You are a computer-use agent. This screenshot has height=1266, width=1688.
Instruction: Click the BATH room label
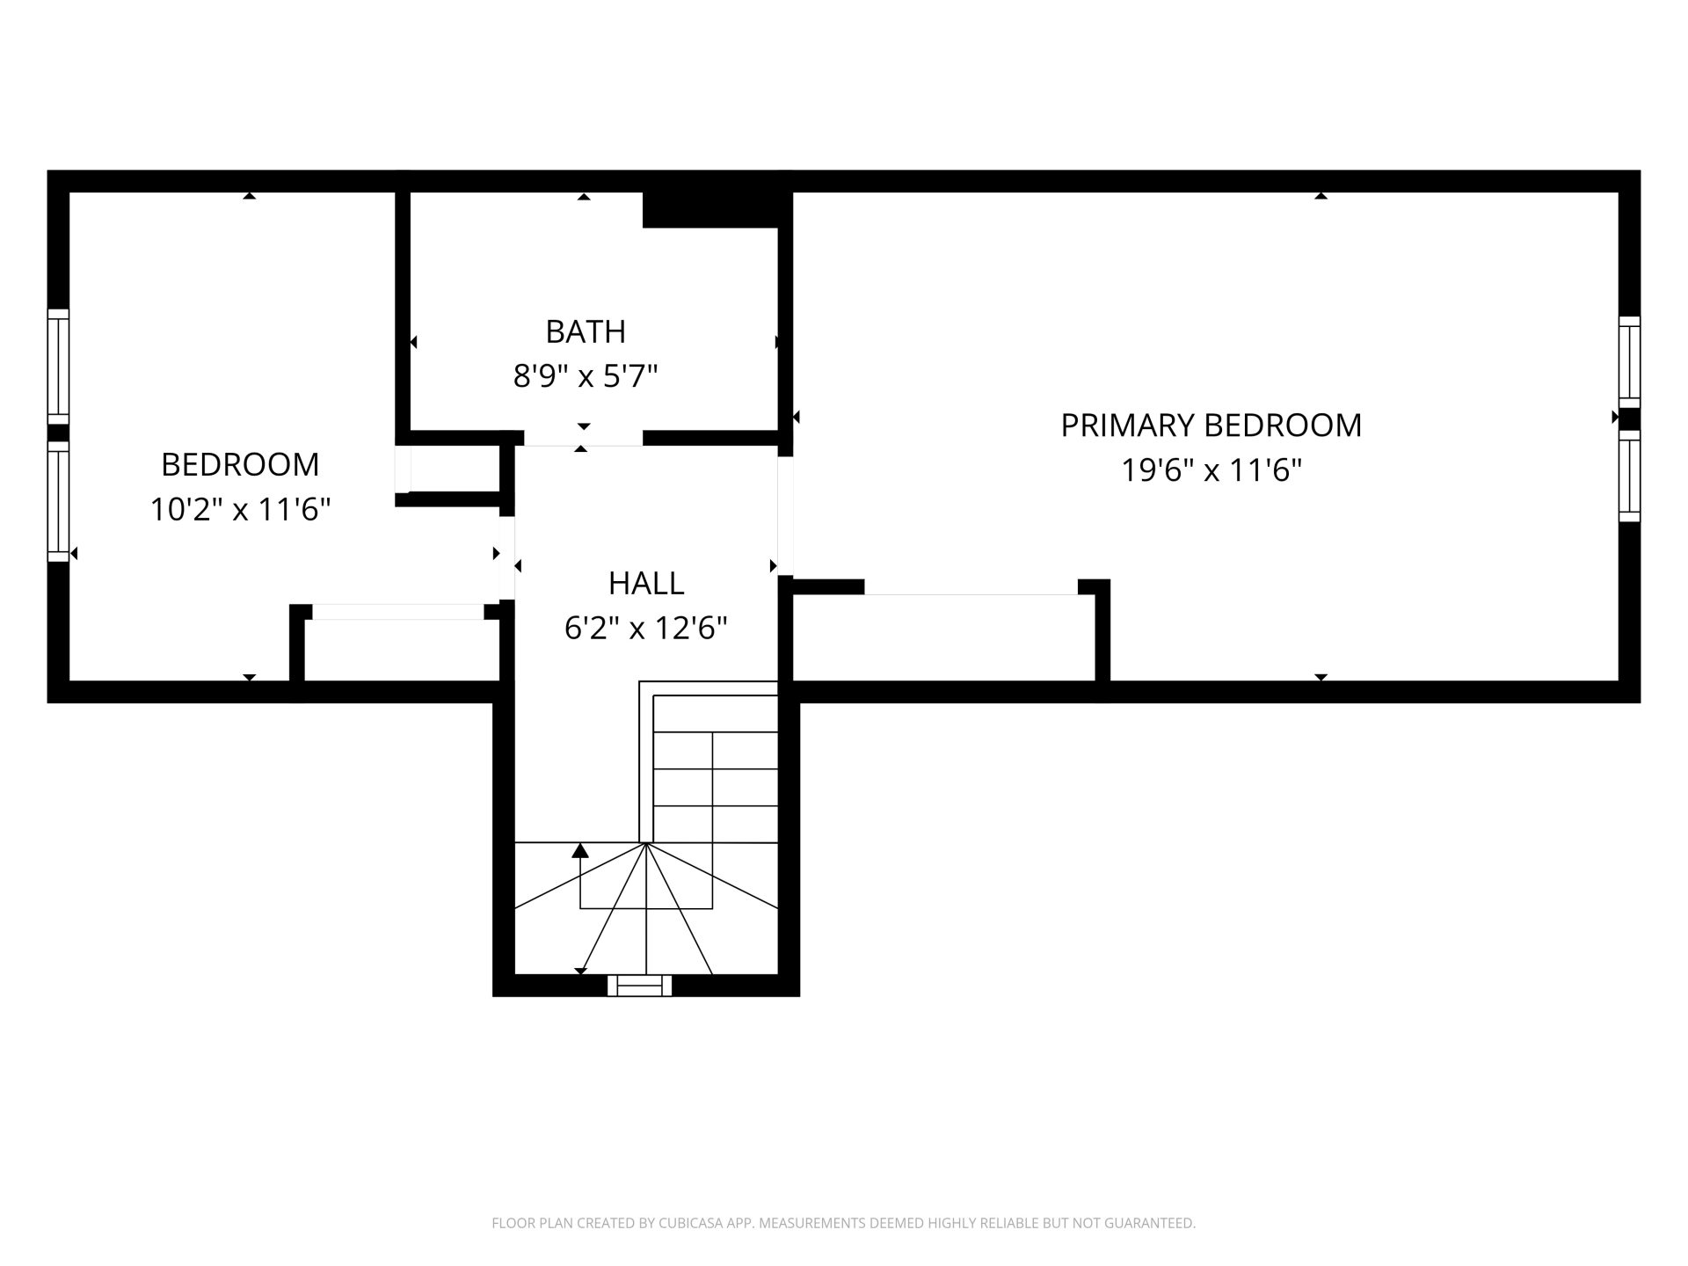(x=586, y=331)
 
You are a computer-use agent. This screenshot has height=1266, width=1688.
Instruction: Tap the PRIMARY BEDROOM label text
(x=1211, y=426)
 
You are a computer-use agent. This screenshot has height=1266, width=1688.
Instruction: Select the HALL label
(x=646, y=583)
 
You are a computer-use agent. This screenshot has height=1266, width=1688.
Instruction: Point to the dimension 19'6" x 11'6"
(x=1211, y=470)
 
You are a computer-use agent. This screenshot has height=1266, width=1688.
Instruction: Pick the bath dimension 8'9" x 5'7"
(x=586, y=376)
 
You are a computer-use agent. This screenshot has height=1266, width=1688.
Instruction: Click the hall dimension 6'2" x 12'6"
(x=646, y=628)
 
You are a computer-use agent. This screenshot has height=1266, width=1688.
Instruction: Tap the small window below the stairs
(x=639, y=986)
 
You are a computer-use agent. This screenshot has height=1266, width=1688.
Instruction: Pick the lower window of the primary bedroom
(x=1630, y=477)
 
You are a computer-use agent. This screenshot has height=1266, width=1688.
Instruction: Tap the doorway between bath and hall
(x=583, y=439)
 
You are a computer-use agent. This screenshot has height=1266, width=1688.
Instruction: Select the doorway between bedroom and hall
(x=507, y=558)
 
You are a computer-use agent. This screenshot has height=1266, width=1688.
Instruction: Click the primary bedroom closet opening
(x=971, y=587)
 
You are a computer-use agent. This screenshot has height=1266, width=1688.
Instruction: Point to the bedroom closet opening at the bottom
(x=398, y=612)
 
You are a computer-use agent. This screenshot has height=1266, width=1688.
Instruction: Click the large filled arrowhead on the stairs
(x=580, y=850)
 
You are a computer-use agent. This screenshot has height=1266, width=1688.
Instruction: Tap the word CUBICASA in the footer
(x=691, y=1223)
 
